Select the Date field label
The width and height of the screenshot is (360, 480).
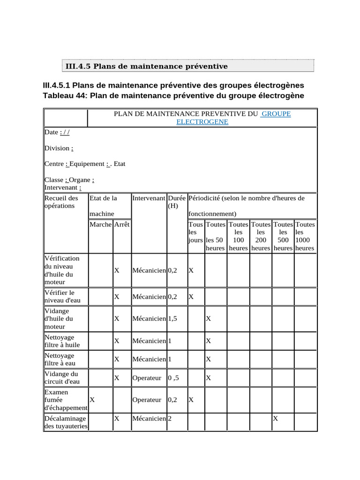coord(51,133)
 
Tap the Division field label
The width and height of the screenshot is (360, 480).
coord(57,148)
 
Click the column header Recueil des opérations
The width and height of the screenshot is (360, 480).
coord(61,202)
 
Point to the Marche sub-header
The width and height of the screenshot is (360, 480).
coord(101,225)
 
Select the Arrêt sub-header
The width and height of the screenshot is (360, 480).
coord(122,225)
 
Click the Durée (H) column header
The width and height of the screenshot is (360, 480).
coord(177,202)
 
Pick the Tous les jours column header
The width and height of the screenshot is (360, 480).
coord(195,232)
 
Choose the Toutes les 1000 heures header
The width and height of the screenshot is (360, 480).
coord(305,236)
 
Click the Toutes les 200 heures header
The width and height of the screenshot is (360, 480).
coord(261,236)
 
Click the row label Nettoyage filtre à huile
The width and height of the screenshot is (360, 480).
coord(62,341)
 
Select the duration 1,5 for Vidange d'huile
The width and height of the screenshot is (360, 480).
coord(172,319)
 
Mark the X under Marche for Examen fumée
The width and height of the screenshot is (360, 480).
coord(92,400)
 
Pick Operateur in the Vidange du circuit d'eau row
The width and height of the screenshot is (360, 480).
coord(147,378)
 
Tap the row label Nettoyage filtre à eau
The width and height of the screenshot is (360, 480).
coord(60,359)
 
